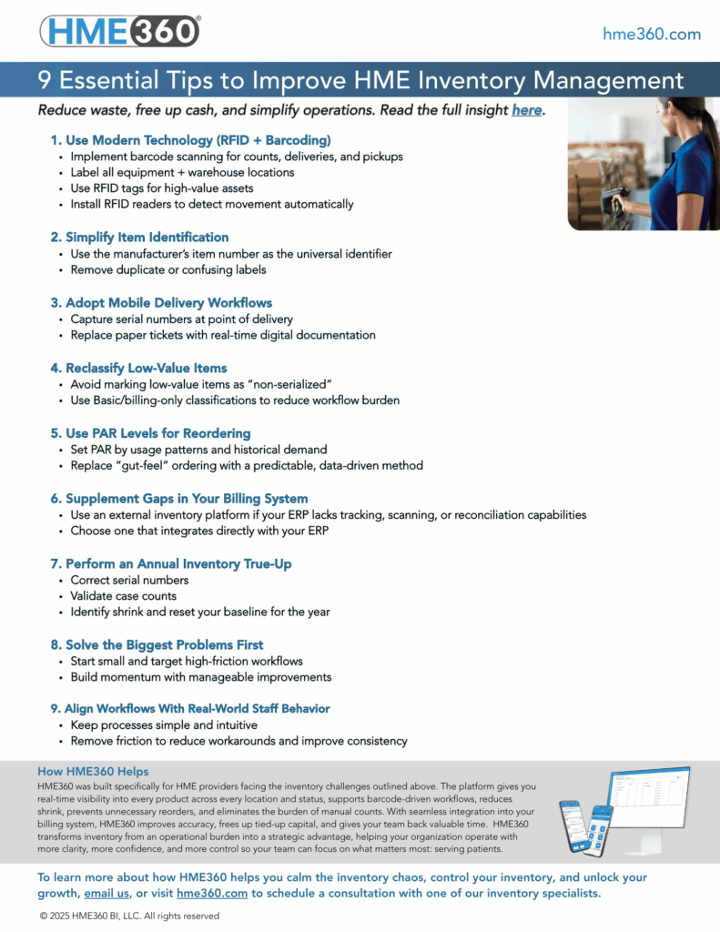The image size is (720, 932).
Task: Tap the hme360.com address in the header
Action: click(652, 35)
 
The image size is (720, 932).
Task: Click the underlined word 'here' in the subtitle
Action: click(526, 111)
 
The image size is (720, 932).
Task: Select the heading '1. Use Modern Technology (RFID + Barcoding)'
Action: click(190, 140)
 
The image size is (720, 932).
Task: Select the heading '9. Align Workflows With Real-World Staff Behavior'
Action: click(190, 708)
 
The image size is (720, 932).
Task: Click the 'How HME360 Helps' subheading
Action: click(93, 769)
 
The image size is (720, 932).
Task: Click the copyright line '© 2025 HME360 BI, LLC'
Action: click(128, 917)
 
